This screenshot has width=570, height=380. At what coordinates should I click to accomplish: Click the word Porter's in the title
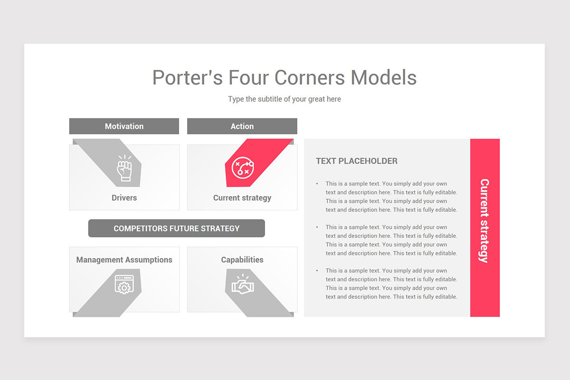[x=187, y=78]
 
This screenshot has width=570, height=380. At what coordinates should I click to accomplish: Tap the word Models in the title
[x=384, y=78]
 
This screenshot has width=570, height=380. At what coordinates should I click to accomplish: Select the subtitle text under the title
[x=284, y=99]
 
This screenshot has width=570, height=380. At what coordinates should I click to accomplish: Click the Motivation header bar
[x=124, y=126]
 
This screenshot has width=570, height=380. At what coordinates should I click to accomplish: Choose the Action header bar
[x=242, y=126]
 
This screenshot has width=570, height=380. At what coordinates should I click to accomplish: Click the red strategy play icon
[x=243, y=168]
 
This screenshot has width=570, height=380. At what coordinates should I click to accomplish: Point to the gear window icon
[x=124, y=285]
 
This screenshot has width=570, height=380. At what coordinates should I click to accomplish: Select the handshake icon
[x=243, y=285]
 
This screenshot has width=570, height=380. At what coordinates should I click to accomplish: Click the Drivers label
[x=124, y=198]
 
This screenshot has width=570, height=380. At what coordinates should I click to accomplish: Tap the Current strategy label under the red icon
[x=242, y=198]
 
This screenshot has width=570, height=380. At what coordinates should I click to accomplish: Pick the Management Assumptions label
[x=124, y=260]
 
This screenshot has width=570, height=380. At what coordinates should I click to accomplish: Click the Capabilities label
[x=242, y=260]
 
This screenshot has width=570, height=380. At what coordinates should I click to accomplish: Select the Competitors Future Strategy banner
[x=177, y=228]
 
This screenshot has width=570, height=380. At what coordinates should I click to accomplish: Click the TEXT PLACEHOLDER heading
[x=357, y=161]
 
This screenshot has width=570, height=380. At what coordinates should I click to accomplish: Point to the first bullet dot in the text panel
[x=317, y=184]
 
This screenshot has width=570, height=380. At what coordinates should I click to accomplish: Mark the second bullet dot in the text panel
[x=317, y=227]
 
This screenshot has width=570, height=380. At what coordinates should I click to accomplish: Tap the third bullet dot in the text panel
[x=317, y=271]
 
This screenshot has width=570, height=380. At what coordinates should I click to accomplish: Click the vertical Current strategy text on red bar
[x=484, y=220]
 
